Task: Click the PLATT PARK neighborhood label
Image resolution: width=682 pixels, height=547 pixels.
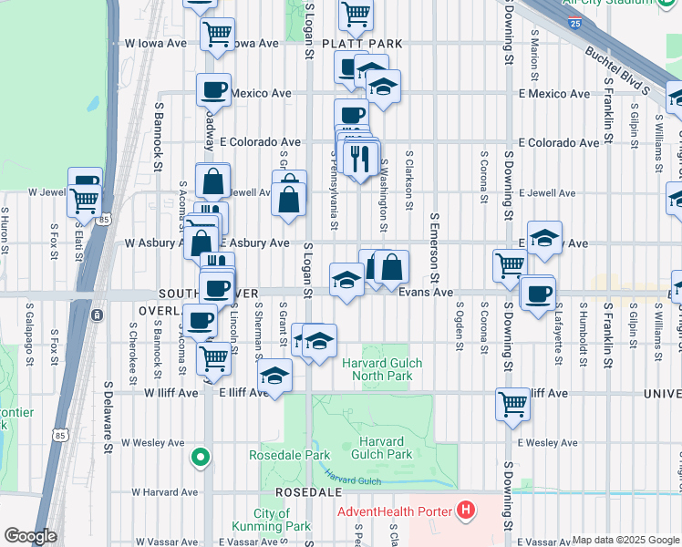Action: tap(368, 43)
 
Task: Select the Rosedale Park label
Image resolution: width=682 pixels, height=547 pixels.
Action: tap(290, 455)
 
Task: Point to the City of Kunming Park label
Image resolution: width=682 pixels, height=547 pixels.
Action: tap(284, 520)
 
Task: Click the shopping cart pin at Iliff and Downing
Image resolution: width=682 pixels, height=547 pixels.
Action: tap(512, 403)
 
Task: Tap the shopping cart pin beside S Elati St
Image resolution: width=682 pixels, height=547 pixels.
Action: tap(84, 200)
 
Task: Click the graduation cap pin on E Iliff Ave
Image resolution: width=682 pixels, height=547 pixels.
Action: tap(274, 377)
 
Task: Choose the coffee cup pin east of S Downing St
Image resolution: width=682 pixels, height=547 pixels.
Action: tap(538, 293)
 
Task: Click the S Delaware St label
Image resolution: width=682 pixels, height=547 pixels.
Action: tap(108, 418)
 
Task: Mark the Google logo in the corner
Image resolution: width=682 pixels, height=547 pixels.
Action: tap(31, 536)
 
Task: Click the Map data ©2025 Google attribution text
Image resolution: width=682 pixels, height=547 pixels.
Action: tap(625, 540)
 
